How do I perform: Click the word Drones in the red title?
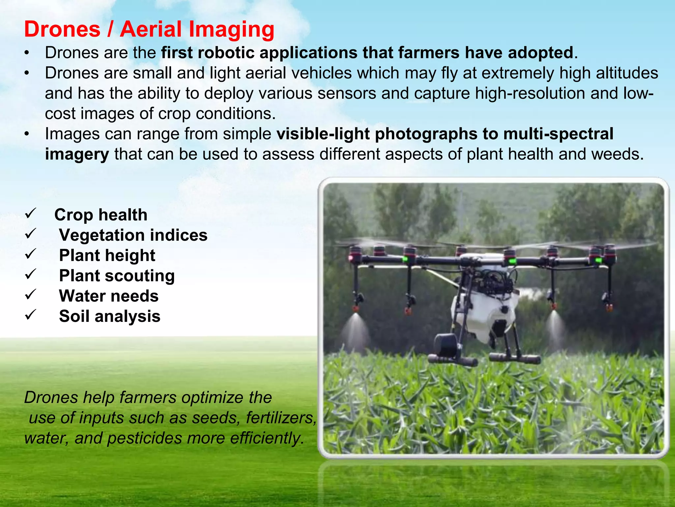coord(62,29)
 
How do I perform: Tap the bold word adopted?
coord(541,53)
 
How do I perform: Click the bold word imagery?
coord(77,154)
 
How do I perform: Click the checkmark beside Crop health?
coord(30,214)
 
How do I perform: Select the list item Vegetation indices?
coord(133,235)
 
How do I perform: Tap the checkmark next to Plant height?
coord(30,254)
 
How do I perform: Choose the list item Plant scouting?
coord(117,276)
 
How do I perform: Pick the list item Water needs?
coord(109,296)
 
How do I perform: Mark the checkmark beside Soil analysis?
coord(30,315)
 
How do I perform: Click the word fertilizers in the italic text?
coord(280,418)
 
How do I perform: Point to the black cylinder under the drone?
coord(447,345)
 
